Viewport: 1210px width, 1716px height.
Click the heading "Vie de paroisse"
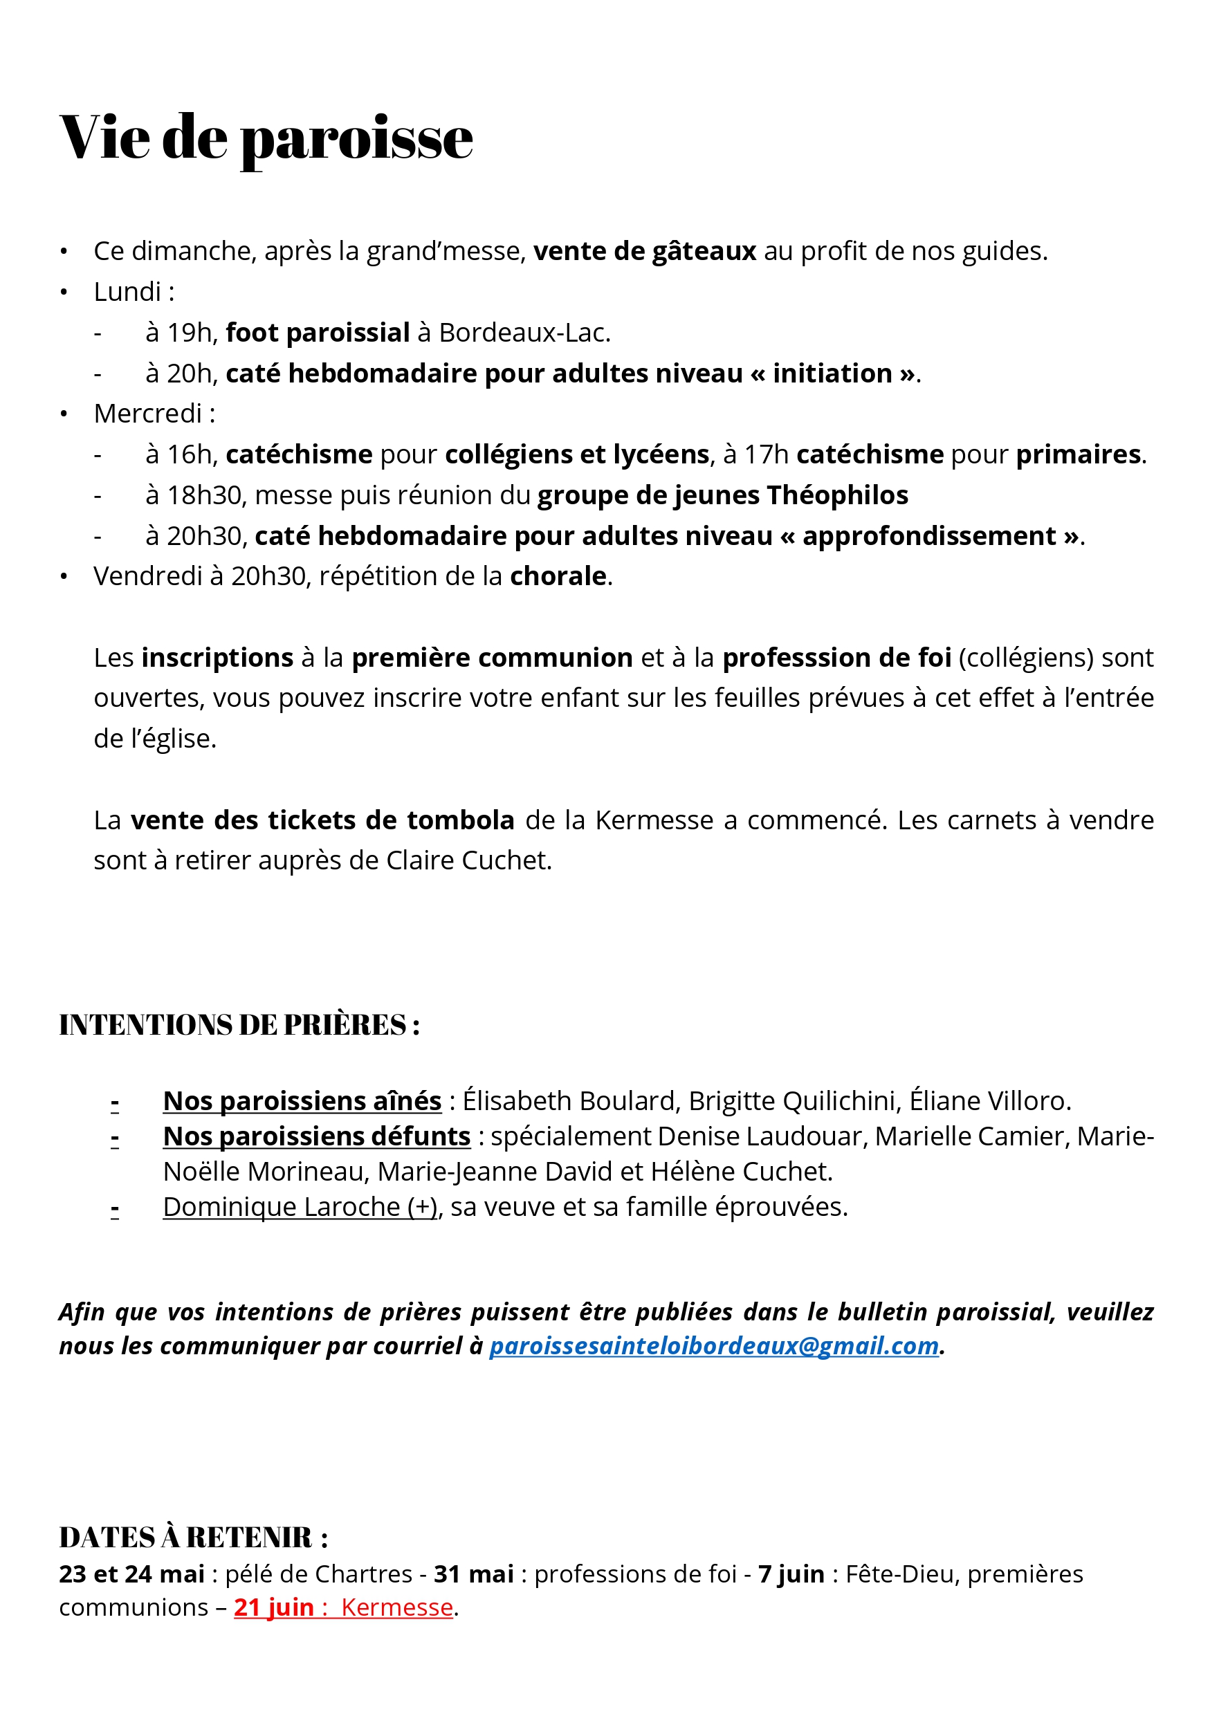(x=266, y=138)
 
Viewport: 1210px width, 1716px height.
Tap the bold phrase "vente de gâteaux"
(x=644, y=251)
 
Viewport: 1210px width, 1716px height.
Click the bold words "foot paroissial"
(x=318, y=333)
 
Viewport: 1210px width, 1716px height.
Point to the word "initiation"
(x=832, y=373)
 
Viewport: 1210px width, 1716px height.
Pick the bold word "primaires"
(x=1078, y=454)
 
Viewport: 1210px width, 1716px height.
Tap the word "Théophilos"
(x=837, y=495)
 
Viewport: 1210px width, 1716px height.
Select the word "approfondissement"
(x=929, y=536)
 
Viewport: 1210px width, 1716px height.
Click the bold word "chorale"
(x=558, y=576)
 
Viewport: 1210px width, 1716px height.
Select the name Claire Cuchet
(x=468, y=860)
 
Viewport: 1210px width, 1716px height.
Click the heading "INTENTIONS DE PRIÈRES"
(x=239, y=1024)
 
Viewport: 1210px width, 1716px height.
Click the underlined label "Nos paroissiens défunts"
(x=317, y=1136)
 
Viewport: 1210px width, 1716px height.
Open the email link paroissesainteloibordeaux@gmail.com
(x=714, y=1345)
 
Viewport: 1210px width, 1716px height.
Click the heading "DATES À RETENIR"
(x=193, y=1538)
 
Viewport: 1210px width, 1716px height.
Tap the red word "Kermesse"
(x=397, y=1607)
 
